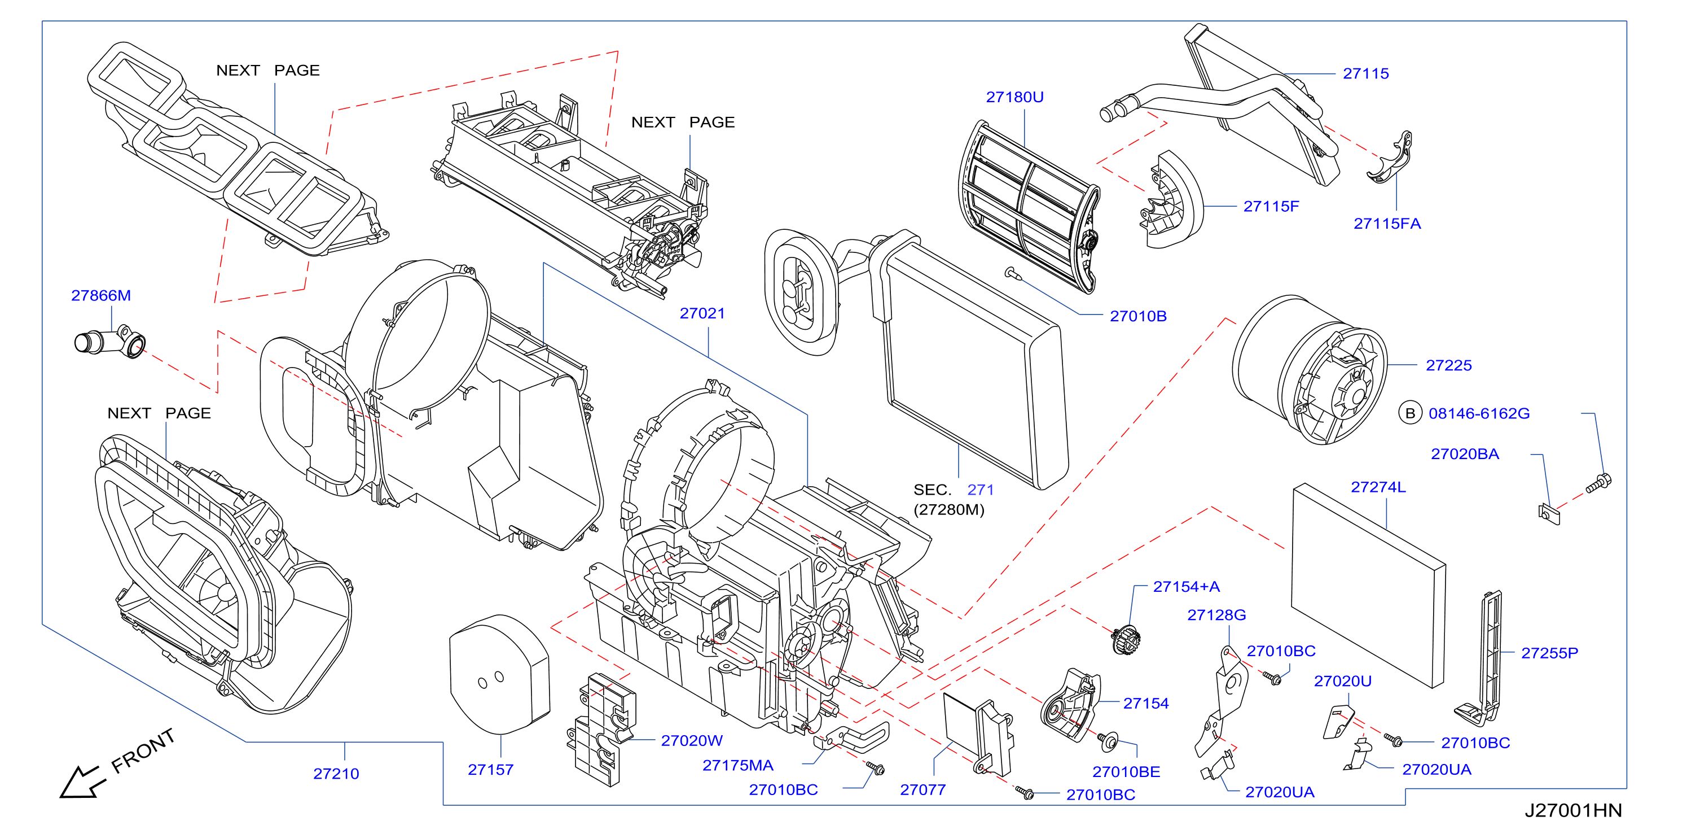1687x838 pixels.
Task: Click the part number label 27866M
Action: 101,295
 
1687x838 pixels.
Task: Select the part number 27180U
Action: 1014,97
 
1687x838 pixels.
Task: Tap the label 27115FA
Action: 1387,224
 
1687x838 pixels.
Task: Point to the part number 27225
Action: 1449,365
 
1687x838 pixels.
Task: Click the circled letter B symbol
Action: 1410,413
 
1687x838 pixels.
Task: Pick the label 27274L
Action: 1378,487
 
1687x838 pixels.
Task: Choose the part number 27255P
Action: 1549,653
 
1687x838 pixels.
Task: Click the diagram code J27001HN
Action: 1573,810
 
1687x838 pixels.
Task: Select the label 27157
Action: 490,769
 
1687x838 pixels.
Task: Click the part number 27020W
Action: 692,740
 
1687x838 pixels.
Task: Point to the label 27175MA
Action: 737,765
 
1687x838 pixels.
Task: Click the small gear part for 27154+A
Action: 1126,639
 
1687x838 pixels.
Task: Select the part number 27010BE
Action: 1126,772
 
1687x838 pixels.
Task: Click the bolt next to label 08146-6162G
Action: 1598,484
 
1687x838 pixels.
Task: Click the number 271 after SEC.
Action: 981,490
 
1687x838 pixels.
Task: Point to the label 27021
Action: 702,313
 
